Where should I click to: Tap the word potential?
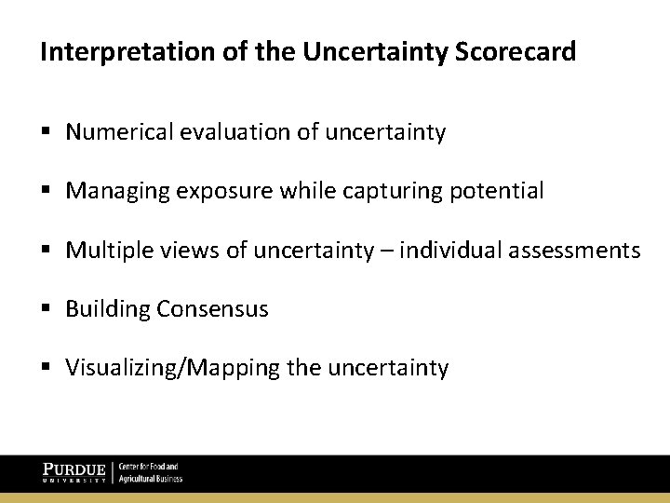(x=498, y=192)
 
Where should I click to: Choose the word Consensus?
(x=213, y=309)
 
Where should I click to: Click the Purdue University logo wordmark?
(x=74, y=472)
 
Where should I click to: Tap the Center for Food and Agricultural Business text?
(x=150, y=472)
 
